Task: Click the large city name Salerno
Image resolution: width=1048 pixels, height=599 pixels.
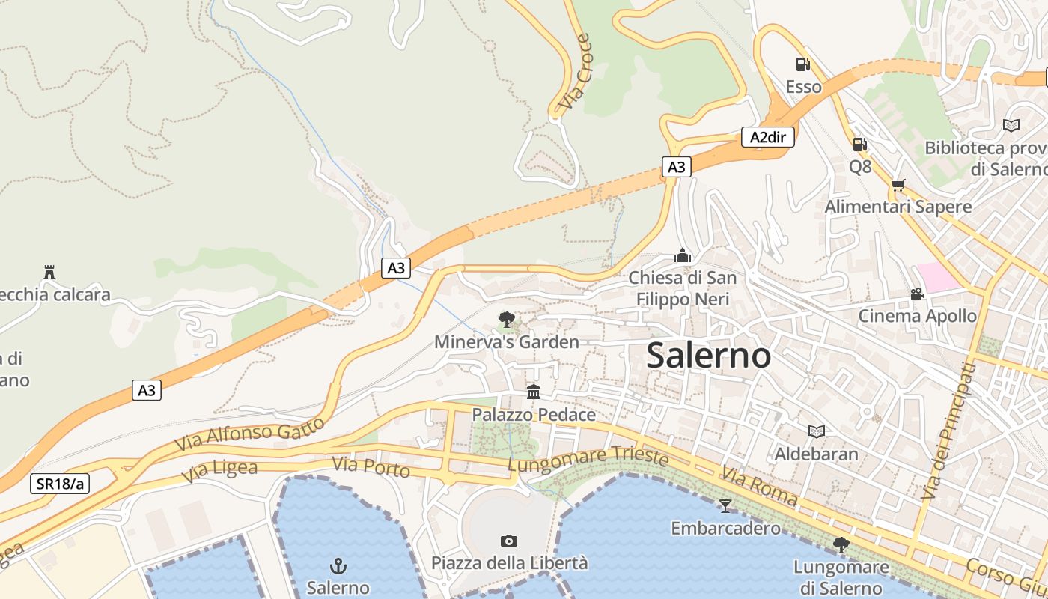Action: pos(708,355)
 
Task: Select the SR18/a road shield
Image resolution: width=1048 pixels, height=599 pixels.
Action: pos(60,484)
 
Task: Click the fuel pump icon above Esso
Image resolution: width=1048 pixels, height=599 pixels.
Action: pos(802,65)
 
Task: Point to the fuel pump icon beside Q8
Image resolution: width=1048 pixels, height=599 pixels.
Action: pos(860,144)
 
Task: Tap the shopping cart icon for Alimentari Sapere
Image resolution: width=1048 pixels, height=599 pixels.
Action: pos(898,185)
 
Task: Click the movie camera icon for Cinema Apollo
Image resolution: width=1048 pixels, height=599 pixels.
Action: pos(917,294)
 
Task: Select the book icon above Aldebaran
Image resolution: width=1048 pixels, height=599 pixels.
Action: pos(816,431)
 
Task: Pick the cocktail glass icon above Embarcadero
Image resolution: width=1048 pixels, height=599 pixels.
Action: pos(725,505)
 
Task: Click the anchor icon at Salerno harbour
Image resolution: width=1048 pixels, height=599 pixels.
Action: pos(338,565)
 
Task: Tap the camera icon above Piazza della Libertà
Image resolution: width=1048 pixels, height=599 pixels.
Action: pos(509,541)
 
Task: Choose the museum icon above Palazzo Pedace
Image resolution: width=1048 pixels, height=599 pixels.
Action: pos(534,392)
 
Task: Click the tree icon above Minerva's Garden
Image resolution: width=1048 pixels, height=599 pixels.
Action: pos(507,320)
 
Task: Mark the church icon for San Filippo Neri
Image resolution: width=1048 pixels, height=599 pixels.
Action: pos(682,255)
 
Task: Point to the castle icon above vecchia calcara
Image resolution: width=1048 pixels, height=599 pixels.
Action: pos(49,272)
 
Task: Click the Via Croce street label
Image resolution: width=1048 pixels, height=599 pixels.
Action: pos(575,72)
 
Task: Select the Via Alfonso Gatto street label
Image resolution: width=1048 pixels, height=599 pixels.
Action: pos(250,434)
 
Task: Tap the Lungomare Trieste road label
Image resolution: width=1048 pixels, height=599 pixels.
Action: pos(587,459)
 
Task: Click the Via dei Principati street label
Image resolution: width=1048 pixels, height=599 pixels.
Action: pos(948,431)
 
